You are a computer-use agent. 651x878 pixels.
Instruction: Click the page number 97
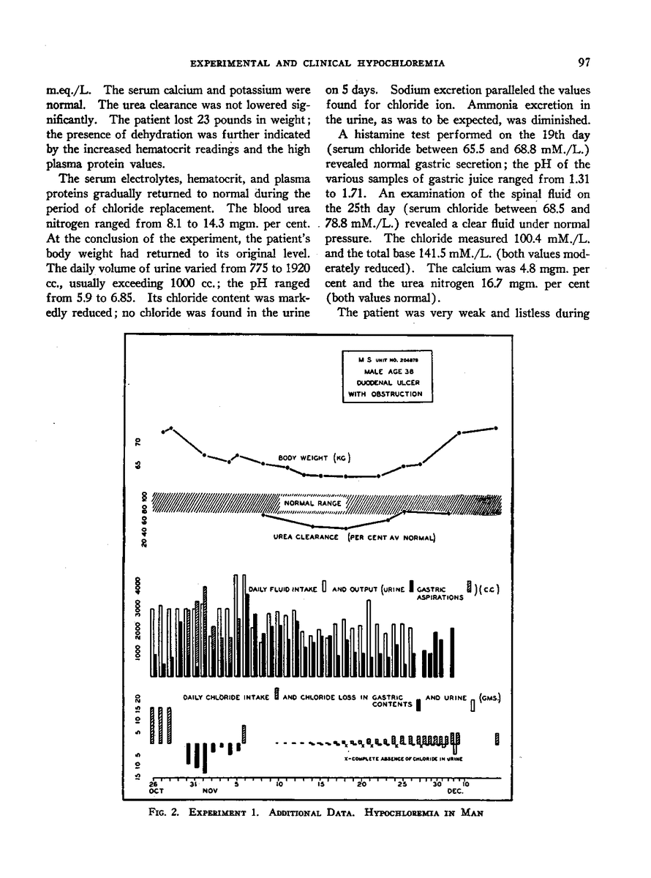[583, 63]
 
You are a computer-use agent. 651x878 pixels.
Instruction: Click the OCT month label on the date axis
[154, 791]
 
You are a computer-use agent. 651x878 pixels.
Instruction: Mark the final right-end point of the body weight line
[497, 427]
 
